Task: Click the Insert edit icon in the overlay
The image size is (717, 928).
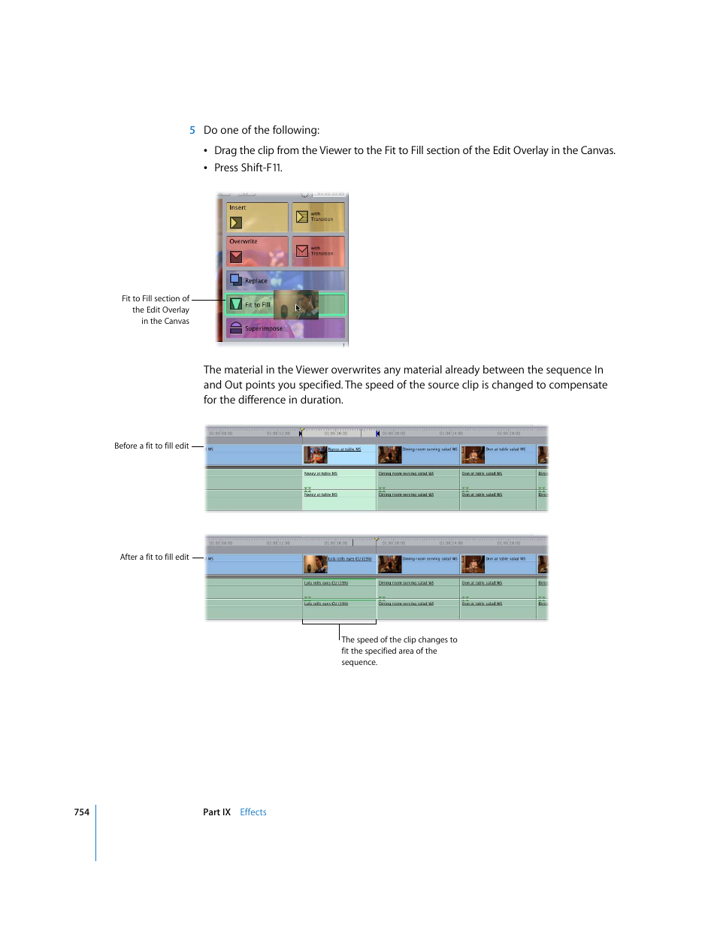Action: (236, 222)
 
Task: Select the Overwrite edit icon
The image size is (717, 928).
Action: (236, 256)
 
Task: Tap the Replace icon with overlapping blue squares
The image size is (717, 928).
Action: (236, 280)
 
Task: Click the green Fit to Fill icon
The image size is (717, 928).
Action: (236, 304)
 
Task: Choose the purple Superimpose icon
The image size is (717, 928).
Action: (236, 328)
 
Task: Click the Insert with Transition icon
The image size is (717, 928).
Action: (302, 216)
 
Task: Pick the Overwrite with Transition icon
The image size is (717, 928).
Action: (302, 251)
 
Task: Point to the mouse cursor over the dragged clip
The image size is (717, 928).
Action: (298, 307)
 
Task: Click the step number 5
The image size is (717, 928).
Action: (192, 130)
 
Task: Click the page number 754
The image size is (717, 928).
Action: (81, 812)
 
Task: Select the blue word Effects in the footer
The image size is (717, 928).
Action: (253, 812)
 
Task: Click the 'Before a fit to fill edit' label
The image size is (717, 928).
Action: (151, 446)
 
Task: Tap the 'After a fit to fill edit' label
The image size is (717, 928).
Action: (154, 557)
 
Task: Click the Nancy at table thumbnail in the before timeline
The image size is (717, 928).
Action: (315, 455)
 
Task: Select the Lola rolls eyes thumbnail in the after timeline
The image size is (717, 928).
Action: (315, 564)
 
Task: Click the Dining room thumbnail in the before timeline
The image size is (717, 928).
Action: (389, 455)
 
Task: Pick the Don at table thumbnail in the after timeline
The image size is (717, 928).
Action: (473, 564)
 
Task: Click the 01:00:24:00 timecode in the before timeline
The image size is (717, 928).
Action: (451, 434)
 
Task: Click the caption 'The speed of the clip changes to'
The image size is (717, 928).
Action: (399, 640)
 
